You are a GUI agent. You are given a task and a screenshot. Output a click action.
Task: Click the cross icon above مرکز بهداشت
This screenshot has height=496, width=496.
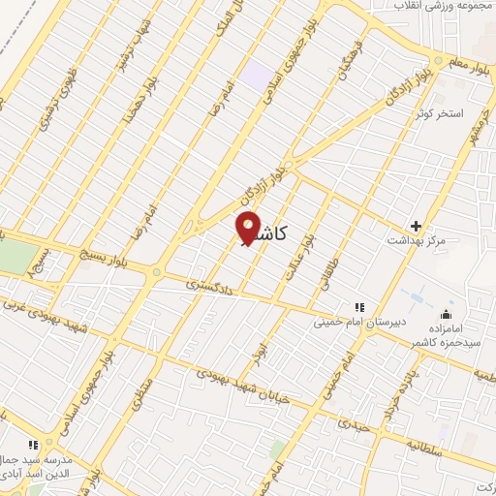pyautogui.click(x=417, y=225)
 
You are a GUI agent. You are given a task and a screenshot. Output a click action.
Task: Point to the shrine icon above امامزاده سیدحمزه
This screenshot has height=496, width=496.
pyautogui.click(x=446, y=313)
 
